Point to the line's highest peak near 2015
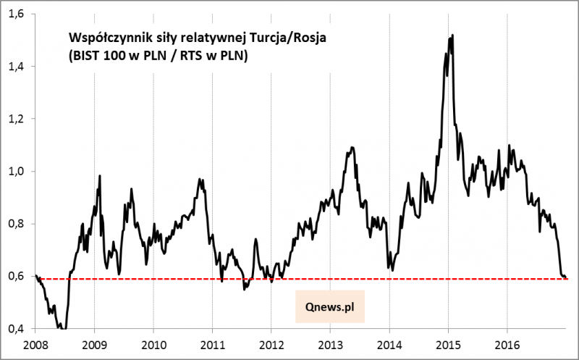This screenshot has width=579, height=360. pos(452,35)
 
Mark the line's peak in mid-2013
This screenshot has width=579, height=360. pos(352,148)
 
